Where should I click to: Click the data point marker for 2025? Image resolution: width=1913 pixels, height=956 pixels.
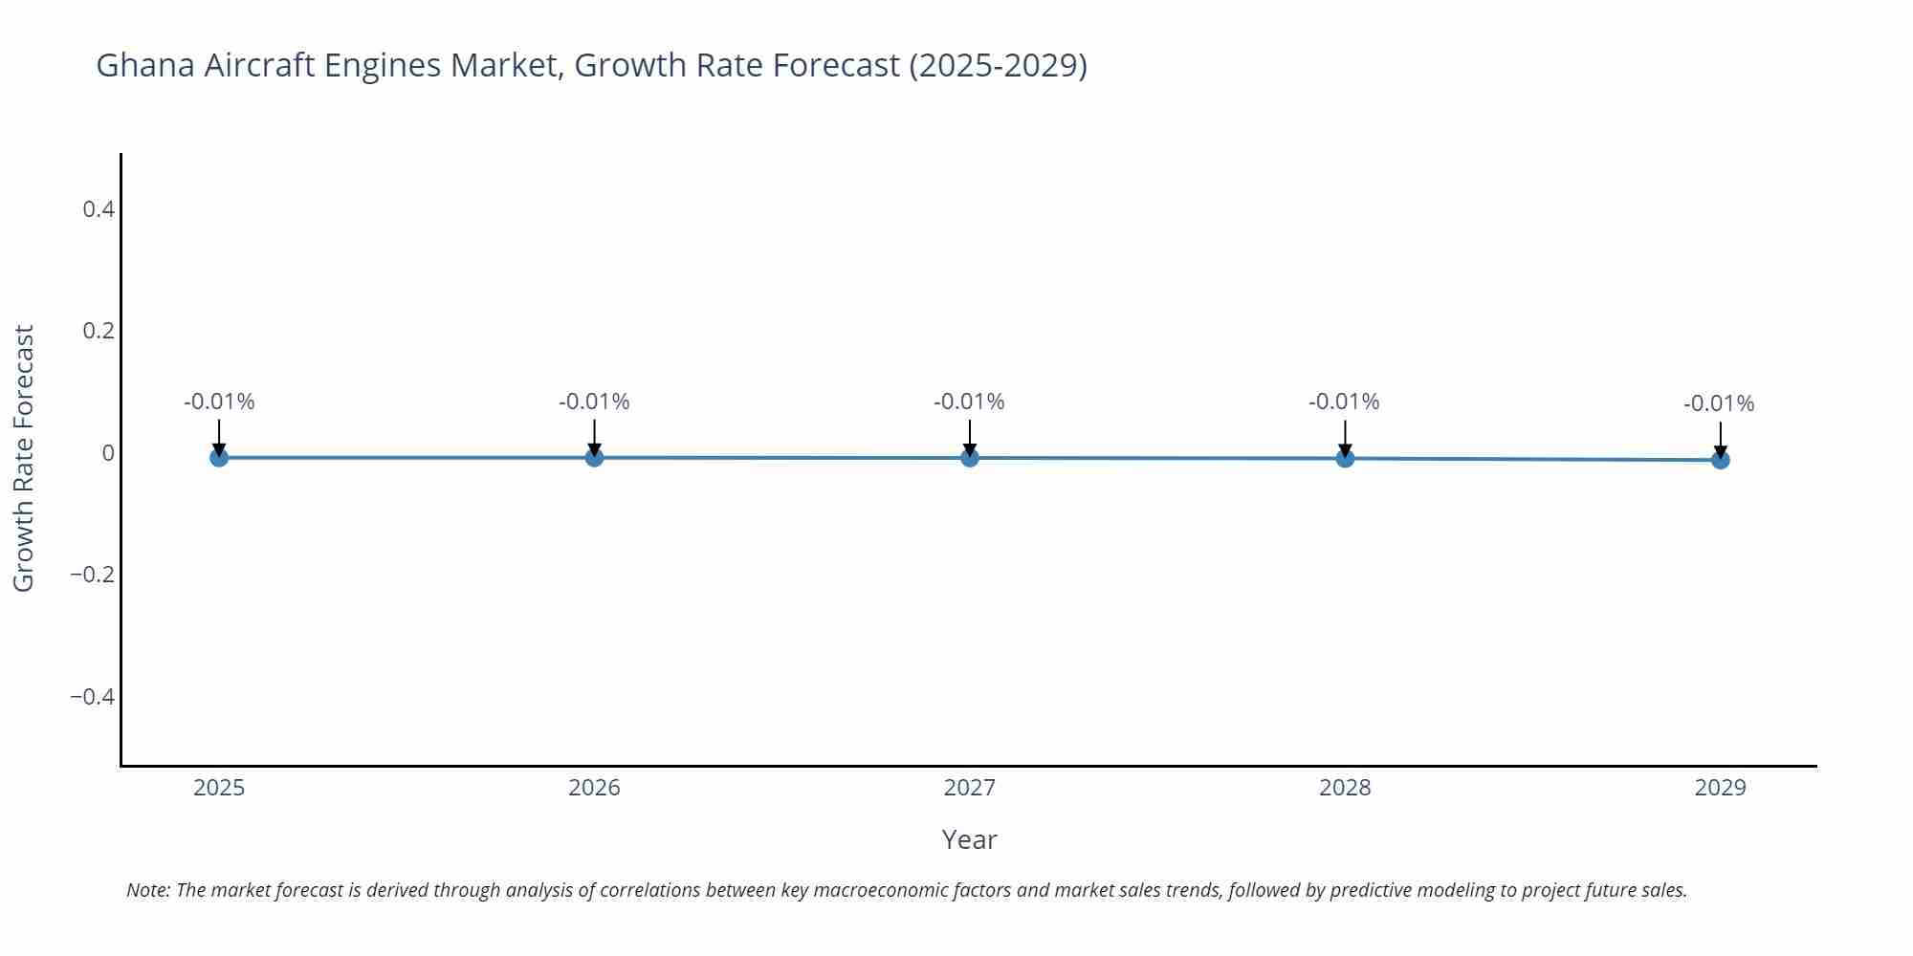(219, 457)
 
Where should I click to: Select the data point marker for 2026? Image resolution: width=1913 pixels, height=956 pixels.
(594, 457)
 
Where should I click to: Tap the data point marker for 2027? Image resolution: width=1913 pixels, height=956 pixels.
(970, 457)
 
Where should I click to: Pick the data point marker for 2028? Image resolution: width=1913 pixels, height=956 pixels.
(1345, 458)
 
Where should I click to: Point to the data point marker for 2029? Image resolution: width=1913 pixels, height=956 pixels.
(1720, 460)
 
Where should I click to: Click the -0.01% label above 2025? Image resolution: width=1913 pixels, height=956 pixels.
(219, 402)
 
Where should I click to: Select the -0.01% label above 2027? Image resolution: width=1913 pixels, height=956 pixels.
(969, 402)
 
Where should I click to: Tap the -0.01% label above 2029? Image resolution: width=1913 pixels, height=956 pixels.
(1719, 403)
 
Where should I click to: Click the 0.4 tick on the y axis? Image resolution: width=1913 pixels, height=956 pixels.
(99, 208)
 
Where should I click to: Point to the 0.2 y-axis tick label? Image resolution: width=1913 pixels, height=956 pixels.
(99, 331)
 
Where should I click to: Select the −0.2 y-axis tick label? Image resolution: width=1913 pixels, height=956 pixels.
(92, 575)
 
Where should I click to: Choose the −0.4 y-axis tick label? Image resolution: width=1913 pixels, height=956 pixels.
(92, 696)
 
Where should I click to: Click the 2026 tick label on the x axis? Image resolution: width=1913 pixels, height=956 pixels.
(594, 788)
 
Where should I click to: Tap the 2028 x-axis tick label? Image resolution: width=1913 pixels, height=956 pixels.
(1345, 788)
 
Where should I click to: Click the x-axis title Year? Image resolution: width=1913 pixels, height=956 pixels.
(969, 839)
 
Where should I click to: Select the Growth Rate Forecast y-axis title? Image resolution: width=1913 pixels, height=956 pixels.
(23, 458)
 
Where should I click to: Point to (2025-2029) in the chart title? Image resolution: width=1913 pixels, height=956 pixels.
(998, 65)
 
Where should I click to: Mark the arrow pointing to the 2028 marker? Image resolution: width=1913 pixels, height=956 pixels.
(1345, 438)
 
